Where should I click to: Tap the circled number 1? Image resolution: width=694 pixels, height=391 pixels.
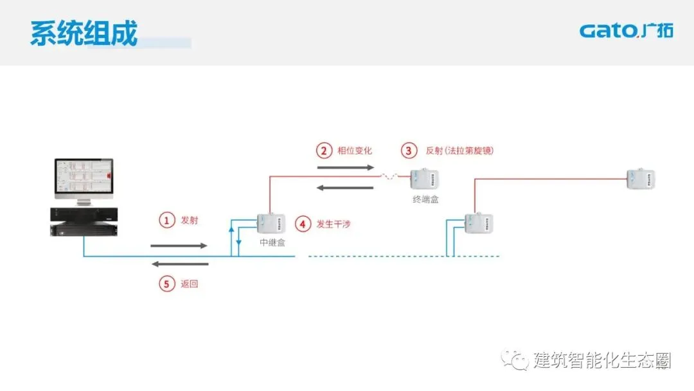click(x=167, y=220)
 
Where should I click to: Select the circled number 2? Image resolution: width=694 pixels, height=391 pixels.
click(x=323, y=150)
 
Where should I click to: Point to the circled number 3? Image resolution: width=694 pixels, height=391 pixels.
click(x=409, y=150)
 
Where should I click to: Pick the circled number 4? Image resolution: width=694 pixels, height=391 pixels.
click(x=302, y=224)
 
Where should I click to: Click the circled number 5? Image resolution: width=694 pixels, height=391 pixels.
click(x=167, y=284)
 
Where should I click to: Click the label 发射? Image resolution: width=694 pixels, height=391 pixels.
click(x=190, y=220)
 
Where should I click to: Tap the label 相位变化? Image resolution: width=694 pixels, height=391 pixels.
click(x=355, y=150)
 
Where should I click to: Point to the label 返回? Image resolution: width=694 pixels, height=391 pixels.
click(x=190, y=284)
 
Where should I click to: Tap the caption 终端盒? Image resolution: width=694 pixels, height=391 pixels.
click(x=425, y=199)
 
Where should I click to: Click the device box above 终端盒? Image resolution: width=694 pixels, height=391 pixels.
click(x=425, y=179)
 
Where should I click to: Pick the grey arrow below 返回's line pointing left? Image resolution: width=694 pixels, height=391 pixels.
click(x=180, y=264)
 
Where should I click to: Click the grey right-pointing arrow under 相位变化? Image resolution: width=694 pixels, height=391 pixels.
click(x=345, y=167)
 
